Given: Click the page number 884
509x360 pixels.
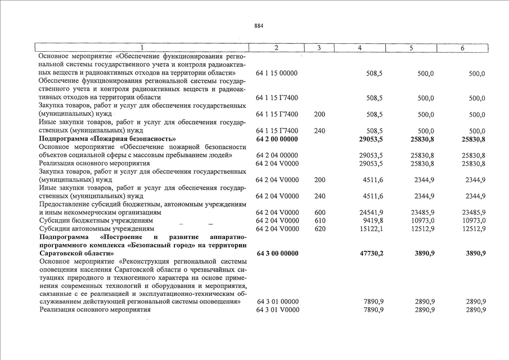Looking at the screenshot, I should tap(258, 26).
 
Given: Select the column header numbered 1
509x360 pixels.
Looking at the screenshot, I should tap(142, 48).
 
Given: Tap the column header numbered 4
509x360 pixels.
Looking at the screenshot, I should tap(359, 48).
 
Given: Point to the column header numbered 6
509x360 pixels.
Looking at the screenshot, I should tap(462, 48).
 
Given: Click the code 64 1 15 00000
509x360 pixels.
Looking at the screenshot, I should tap(277, 74).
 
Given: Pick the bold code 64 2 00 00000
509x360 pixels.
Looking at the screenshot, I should tap(277, 139).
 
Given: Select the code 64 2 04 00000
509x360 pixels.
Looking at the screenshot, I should tap(277, 155).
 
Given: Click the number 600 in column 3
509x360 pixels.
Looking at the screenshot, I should tap(319, 213).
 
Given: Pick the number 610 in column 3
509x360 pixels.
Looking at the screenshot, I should tap(319, 221).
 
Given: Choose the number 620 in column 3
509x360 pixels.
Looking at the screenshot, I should tap(319, 229).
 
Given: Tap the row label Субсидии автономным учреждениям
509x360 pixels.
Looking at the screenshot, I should tap(97, 229).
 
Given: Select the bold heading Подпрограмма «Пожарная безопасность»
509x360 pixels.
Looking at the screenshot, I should tap(107, 139).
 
